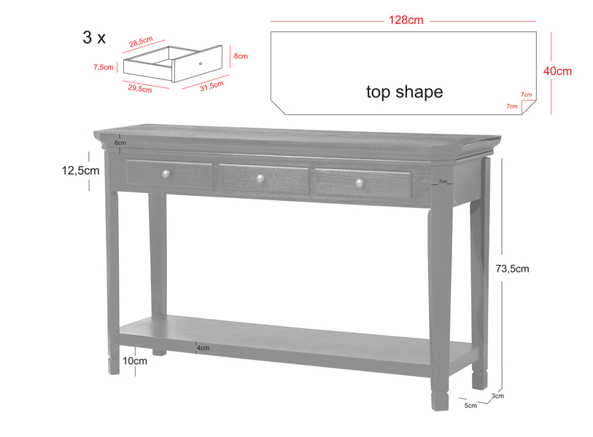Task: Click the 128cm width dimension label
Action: pos(405,20)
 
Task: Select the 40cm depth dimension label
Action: pos(557,71)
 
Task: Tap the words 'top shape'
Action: pos(404,92)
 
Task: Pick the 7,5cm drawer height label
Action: pos(103,67)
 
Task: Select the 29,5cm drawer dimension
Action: pos(140,89)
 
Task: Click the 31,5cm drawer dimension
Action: pos(211,86)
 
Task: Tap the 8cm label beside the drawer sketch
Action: pos(241,56)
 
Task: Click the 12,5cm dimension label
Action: pos(80,170)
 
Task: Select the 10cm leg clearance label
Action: pos(135,360)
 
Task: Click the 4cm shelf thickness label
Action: pos(203,347)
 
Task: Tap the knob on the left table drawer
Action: pos(166,174)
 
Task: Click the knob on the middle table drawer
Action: pos(259,178)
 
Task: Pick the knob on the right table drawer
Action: pos(359,182)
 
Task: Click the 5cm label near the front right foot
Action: pos(471,405)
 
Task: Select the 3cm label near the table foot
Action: pos(497,395)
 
